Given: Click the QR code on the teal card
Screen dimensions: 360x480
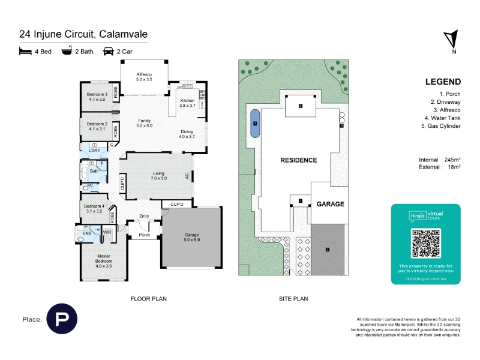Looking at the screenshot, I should tap(425, 243).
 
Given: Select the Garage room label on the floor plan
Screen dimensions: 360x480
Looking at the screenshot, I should tap(192, 237).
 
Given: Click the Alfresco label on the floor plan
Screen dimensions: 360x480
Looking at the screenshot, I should tap(145, 76).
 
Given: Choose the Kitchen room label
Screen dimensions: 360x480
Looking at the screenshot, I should tap(188, 103).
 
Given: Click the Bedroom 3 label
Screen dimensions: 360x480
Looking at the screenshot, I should tap(97, 97).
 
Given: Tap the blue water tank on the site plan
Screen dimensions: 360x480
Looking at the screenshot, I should tap(256, 124).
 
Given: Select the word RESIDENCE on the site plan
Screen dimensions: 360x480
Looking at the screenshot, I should tap(299, 161).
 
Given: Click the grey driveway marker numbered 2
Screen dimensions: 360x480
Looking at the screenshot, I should tap(328, 249).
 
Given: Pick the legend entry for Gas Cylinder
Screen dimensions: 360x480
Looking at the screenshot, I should tap(443, 127).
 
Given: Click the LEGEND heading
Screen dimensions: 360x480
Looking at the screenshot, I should tap(443, 82).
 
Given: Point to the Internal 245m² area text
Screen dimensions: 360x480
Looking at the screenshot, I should tap(439, 160).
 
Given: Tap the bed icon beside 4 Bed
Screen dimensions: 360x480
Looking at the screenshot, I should tap(25, 52).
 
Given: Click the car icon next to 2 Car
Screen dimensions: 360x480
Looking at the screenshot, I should tap(109, 52).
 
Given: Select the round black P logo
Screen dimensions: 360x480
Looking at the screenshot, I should tap(62, 320).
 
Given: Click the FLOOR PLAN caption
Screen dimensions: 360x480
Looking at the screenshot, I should tap(149, 298).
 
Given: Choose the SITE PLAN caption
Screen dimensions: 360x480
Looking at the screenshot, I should tap(293, 298).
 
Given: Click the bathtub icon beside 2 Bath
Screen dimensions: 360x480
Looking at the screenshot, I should tap(67, 52).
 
